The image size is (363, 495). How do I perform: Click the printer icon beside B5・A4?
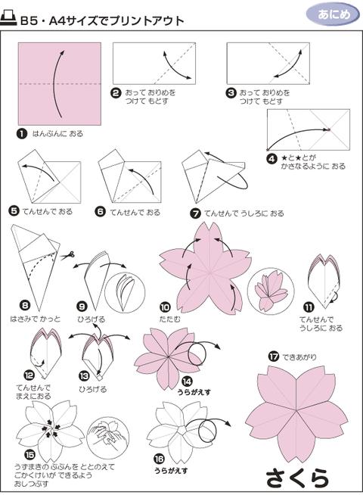(10, 20)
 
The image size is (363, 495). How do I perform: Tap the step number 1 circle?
(22, 134)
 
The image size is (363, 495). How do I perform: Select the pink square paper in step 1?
(59, 82)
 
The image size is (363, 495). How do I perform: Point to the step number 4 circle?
(271, 158)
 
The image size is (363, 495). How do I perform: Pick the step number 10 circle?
(164, 307)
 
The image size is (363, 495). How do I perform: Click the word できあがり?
(299, 356)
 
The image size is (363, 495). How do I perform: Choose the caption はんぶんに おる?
(57, 134)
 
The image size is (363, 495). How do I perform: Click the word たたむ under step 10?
(169, 319)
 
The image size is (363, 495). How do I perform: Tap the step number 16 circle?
(160, 459)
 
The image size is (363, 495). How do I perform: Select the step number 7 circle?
(196, 213)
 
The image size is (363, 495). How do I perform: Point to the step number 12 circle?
(29, 375)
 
